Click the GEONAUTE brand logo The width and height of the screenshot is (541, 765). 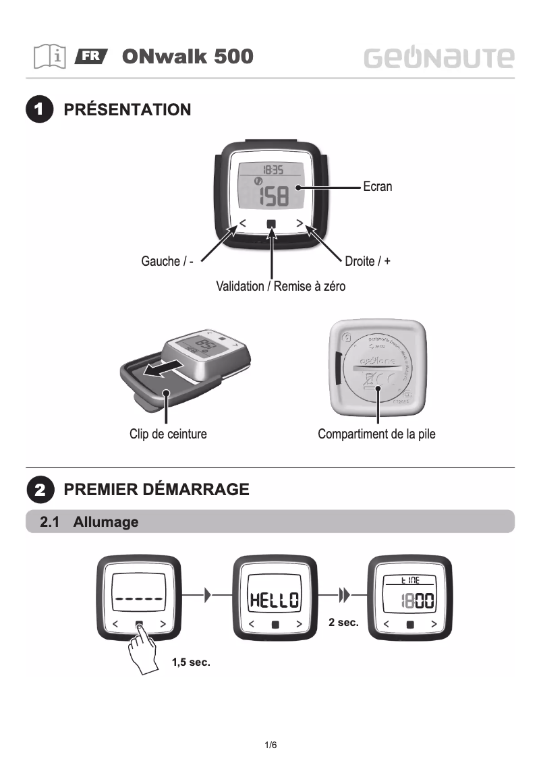coord(439,57)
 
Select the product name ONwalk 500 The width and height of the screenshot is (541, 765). coord(188,57)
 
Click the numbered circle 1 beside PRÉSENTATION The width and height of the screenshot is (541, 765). coord(40,110)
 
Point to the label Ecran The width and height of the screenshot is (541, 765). coord(377,187)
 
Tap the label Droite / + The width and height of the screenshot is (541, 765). coord(367,261)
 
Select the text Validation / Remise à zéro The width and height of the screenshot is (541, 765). coord(280,287)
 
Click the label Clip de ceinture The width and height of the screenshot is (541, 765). coord(168,434)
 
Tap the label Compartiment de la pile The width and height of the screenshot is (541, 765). coord(376,434)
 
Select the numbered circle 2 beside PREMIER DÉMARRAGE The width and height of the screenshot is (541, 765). coord(40,489)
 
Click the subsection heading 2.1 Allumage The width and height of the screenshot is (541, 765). coord(89,522)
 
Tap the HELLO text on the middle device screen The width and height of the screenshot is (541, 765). coord(274,600)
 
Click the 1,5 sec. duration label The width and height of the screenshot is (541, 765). coord(191,663)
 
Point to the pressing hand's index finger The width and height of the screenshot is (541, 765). coord(140,631)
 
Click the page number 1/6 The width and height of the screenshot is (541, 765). coord(270,745)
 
